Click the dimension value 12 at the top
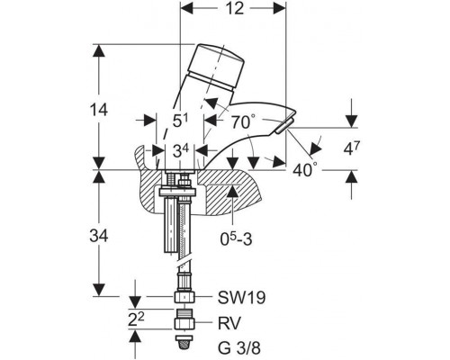pyautogui.click(x=235, y=8)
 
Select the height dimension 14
pyautogui.click(x=99, y=110)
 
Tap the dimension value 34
pyautogui.click(x=99, y=237)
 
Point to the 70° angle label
pyautogui.click(x=243, y=121)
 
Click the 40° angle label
pyautogui.click(x=305, y=170)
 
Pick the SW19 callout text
pyautogui.click(x=241, y=298)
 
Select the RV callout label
pyautogui.click(x=229, y=324)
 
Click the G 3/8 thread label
pyautogui.click(x=239, y=348)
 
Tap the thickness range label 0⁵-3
pyautogui.click(x=236, y=238)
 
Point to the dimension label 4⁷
pyautogui.click(x=351, y=148)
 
